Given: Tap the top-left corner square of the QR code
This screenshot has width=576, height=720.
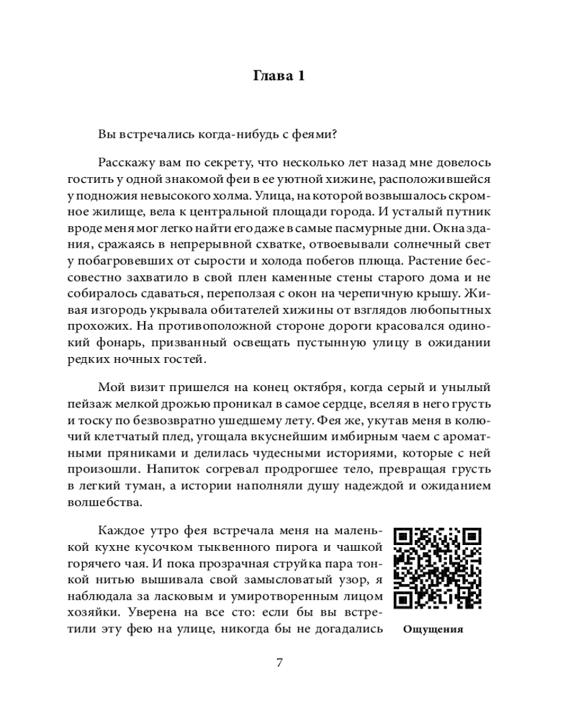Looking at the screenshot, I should pos(405,538).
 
